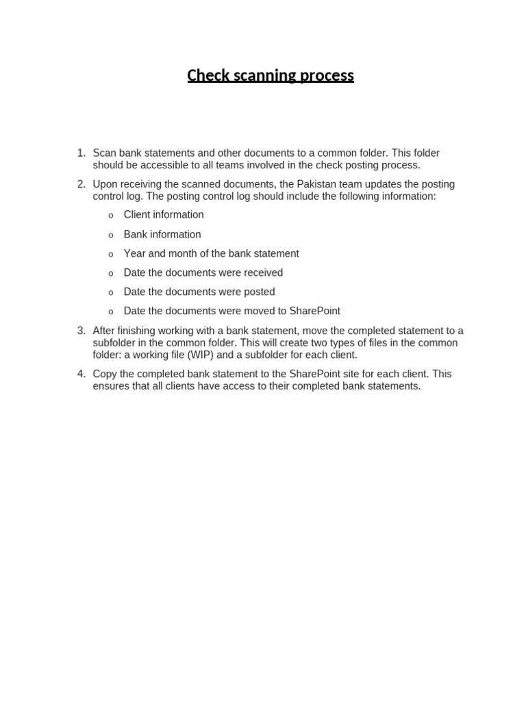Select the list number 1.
(82, 153)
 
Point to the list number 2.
(82, 184)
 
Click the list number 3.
(82, 331)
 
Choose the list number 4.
(82, 374)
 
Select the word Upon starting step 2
(105, 184)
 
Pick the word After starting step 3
(105, 331)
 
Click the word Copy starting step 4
(105, 374)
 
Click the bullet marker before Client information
(111, 216)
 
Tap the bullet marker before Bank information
(111, 235)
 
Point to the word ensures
(110, 386)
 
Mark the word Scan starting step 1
(104, 153)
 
